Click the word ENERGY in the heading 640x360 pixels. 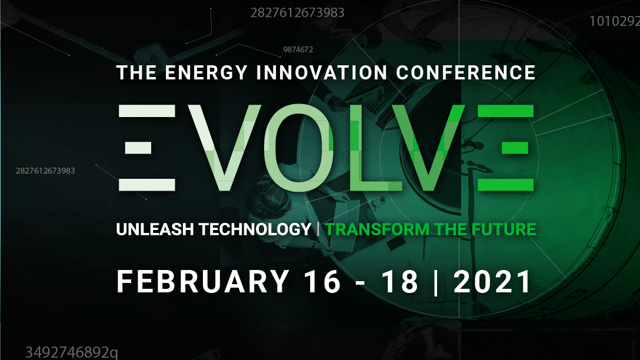point(206,73)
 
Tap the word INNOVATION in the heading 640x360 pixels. point(322,73)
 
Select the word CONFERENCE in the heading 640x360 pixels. point(466,73)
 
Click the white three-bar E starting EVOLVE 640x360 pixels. point(147,148)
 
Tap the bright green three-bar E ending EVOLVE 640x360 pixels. point(506,148)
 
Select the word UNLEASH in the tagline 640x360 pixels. point(155,229)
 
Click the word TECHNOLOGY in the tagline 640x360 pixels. point(255,229)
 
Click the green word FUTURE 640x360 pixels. point(504,229)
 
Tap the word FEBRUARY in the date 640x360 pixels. point(203,281)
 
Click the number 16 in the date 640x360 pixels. point(322,281)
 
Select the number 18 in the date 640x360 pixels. point(400,281)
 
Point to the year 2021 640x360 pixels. point(492,281)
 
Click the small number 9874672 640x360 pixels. point(298,50)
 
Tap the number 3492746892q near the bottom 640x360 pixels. point(72,352)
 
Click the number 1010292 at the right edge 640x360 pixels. point(615,21)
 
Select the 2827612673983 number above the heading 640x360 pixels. point(298,13)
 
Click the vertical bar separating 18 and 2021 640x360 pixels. point(436,281)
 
